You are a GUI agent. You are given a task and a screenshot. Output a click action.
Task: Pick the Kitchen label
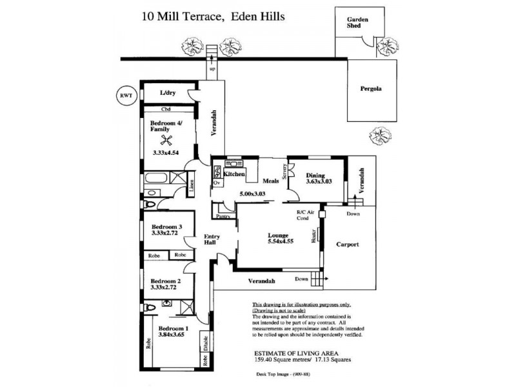tap(234, 174)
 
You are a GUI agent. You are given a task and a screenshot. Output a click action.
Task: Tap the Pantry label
tap(223, 217)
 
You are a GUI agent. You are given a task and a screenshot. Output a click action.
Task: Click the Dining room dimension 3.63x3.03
tap(315, 181)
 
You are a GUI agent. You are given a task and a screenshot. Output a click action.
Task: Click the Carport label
tap(348, 245)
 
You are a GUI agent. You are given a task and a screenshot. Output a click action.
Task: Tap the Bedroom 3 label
tap(167, 226)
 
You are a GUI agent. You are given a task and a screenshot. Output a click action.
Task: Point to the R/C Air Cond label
tap(305, 215)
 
